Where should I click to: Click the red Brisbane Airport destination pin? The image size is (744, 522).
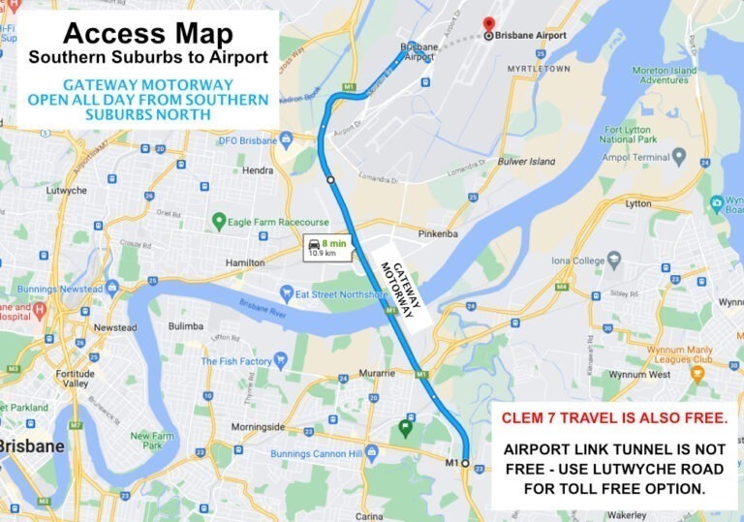(x=488, y=25)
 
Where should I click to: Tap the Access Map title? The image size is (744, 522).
(x=148, y=33)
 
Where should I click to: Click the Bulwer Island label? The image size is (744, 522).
(x=527, y=161)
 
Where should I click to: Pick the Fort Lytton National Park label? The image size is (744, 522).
(x=632, y=135)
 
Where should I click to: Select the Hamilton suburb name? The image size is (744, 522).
(x=244, y=262)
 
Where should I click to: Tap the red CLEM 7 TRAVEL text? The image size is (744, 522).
(x=613, y=418)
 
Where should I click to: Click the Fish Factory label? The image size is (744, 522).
(x=236, y=361)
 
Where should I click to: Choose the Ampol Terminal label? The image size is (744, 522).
(x=636, y=157)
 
